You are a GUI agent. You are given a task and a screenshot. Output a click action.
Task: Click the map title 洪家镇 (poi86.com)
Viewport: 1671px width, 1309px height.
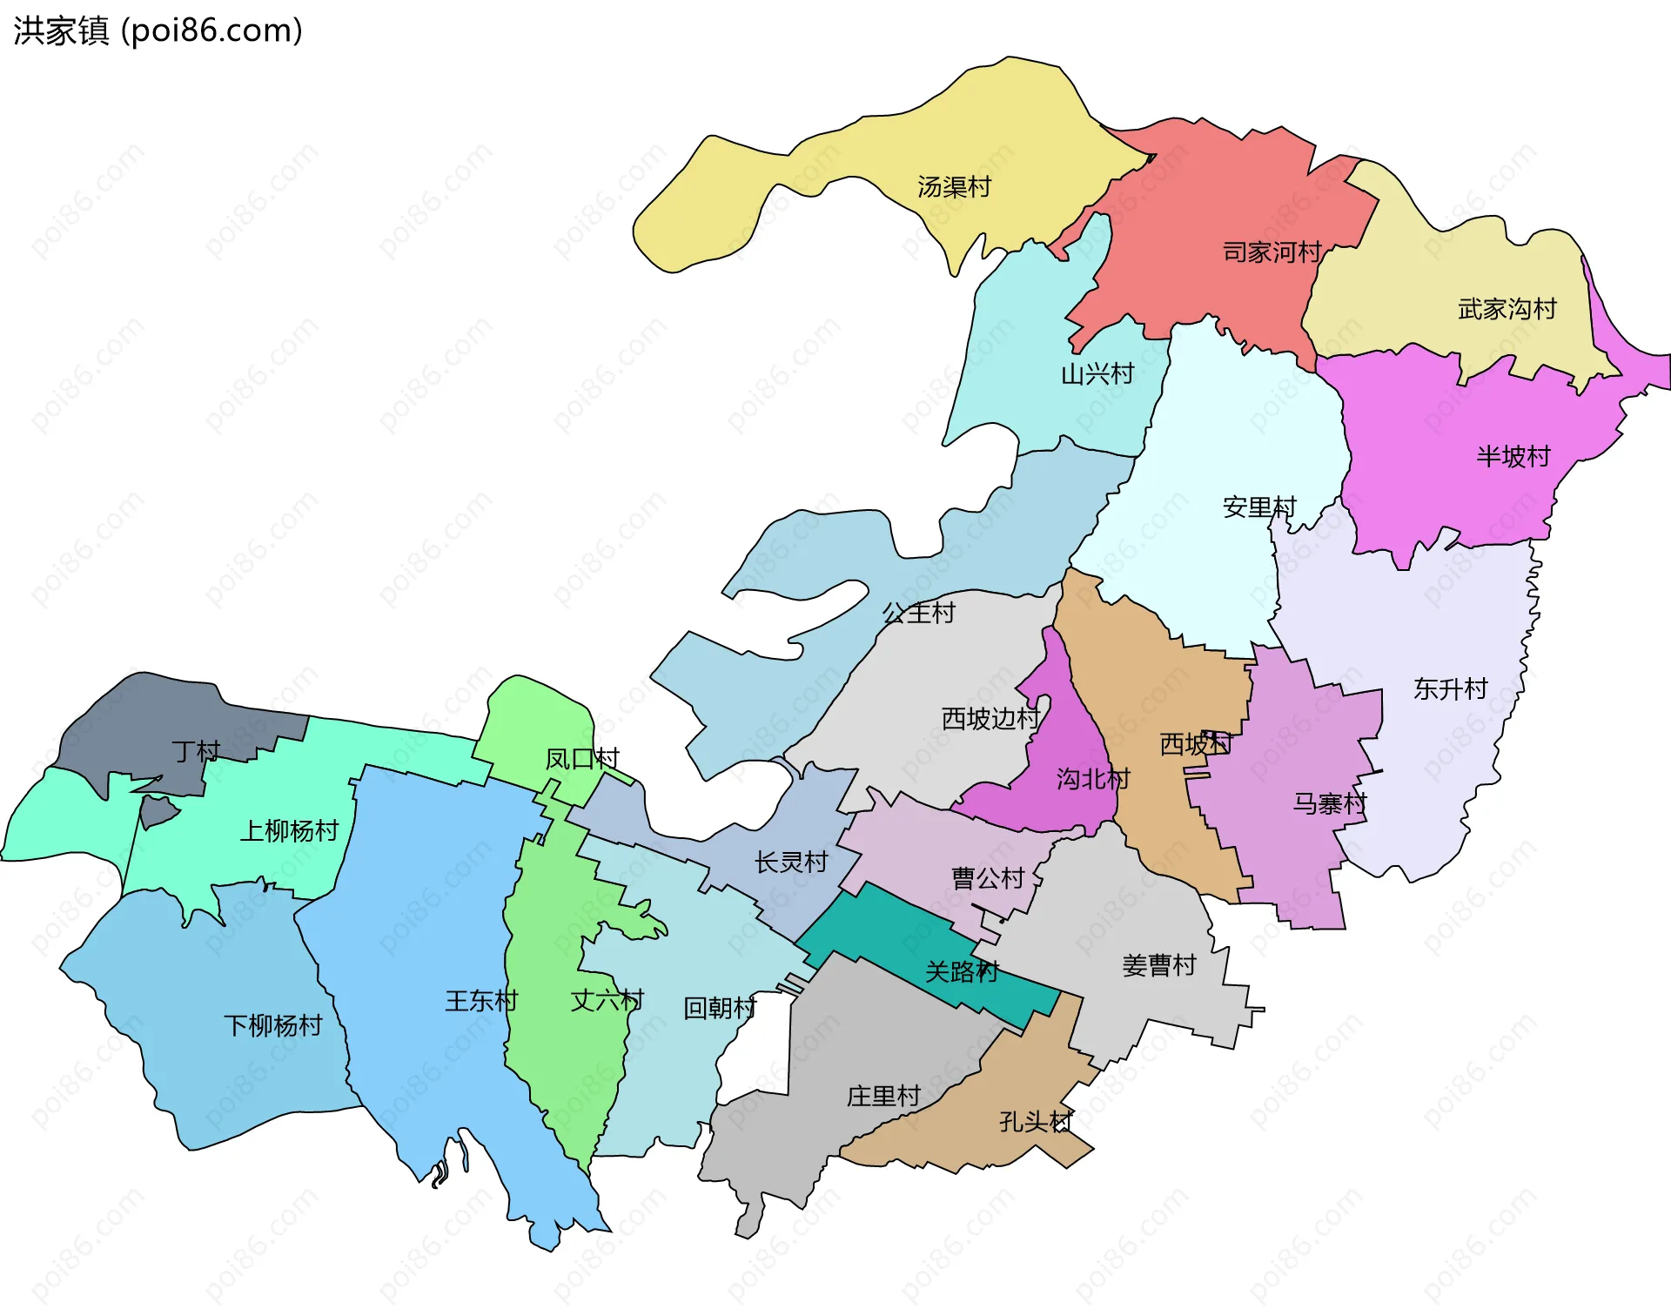click(x=158, y=30)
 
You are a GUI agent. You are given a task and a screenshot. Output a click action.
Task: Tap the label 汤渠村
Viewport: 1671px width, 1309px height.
click(x=954, y=187)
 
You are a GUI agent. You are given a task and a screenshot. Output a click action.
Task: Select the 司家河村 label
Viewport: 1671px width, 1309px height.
click(x=1272, y=252)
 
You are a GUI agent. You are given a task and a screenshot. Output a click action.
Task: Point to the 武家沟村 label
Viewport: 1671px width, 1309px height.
click(x=1507, y=309)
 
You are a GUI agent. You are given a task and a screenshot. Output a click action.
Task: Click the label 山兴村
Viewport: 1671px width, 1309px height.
click(x=1097, y=374)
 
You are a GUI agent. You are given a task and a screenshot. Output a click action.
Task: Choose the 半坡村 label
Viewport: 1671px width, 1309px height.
click(x=1513, y=457)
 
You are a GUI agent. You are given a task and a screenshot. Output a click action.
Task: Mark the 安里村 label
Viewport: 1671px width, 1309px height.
click(x=1259, y=507)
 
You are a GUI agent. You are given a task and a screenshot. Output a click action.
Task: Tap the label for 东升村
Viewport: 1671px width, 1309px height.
click(x=1451, y=689)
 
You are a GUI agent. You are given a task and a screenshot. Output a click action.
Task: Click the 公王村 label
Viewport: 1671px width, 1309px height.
click(x=919, y=613)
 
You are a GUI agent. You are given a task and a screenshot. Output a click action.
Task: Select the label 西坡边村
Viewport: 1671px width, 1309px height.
click(x=990, y=719)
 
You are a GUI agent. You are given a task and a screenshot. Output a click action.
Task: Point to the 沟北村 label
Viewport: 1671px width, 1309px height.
click(x=1093, y=779)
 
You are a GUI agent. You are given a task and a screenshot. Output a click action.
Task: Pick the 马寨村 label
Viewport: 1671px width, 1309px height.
click(x=1330, y=803)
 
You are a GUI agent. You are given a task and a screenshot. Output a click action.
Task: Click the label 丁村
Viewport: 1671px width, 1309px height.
click(x=196, y=751)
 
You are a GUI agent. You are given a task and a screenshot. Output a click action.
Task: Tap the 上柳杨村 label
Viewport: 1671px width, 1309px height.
click(x=289, y=831)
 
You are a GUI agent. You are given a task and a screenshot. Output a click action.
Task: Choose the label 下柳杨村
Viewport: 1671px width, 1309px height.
click(x=272, y=1025)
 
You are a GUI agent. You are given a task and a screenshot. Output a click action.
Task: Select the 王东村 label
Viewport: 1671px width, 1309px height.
click(x=481, y=1001)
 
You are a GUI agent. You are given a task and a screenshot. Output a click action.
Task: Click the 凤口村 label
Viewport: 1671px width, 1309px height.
click(x=581, y=759)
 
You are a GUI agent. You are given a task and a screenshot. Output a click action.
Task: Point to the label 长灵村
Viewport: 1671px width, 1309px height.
click(x=791, y=863)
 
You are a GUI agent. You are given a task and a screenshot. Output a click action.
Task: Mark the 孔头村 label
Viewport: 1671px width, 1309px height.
click(x=1036, y=1122)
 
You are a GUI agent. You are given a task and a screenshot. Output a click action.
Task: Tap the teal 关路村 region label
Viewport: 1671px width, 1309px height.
click(x=962, y=971)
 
